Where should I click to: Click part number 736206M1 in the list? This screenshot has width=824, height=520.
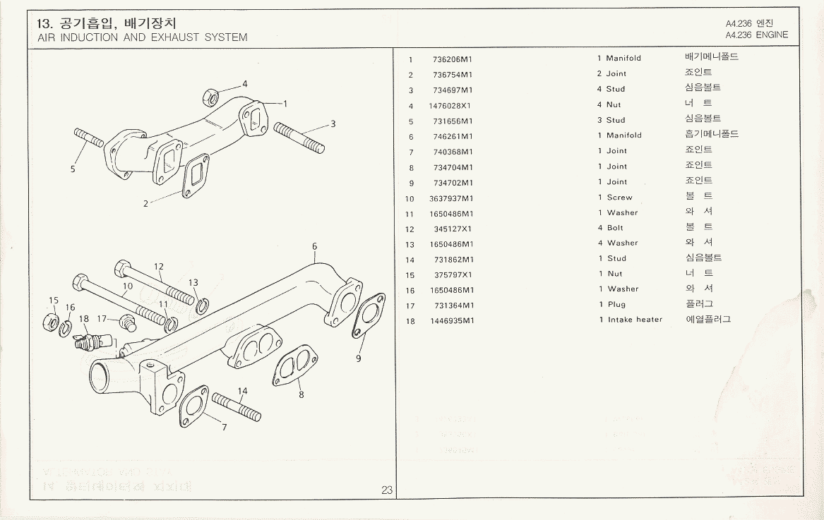[453, 59]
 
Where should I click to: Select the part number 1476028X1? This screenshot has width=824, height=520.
[450, 106]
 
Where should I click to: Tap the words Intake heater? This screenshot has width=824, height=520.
[635, 320]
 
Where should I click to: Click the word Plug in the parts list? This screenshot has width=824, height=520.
[616, 305]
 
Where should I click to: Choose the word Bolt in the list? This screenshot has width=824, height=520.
[615, 228]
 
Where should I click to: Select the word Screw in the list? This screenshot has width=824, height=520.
[619, 198]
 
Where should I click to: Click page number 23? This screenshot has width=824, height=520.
[387, 490]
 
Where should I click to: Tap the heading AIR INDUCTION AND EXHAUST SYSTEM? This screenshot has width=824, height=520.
[143, 37]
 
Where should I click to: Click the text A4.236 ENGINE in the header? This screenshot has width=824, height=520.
[756, 35]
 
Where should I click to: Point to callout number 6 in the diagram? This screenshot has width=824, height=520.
[314, 246]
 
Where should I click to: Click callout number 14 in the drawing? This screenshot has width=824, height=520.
[242, 391]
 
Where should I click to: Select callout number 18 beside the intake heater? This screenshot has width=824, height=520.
[84, 319]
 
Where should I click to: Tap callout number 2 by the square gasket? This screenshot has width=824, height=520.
[146, 204]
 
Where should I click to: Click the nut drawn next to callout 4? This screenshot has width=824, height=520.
[210, 96]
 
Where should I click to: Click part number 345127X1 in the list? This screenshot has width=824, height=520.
[453, 229]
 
